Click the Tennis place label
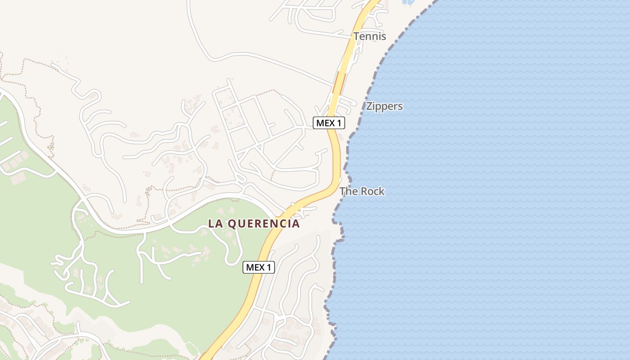tap(369, 36)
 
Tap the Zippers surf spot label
tap(384, 107)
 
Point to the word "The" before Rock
tap(348, 191)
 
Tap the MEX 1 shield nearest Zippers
tap(329, 122)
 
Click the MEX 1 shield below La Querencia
tap(259, 267)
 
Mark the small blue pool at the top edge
tap(408, 2)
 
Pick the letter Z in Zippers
tap(369, 107)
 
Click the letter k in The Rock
tap(382, 191)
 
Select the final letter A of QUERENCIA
tap(296, 224)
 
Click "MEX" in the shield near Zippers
tap(325, 122)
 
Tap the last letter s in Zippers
tap(400, 107)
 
